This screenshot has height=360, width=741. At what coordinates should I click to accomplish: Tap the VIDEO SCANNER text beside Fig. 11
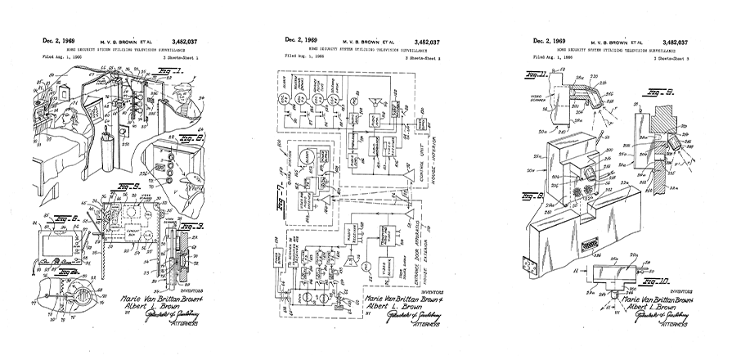pyautogui.click(x=545, y=106)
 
